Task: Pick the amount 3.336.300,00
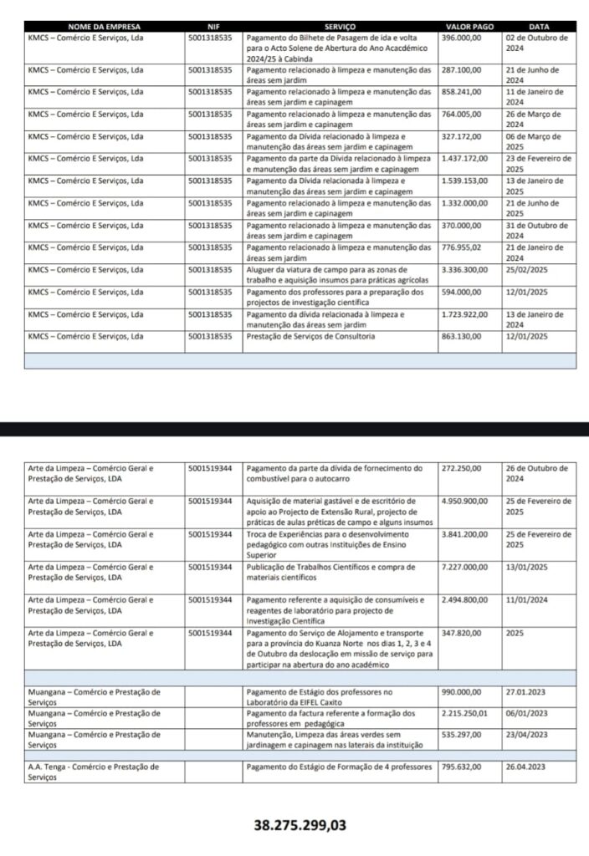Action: [x=465, y=270]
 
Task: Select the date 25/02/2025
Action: [x=526, y=270]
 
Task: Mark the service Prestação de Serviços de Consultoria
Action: [x=311, y=336]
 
